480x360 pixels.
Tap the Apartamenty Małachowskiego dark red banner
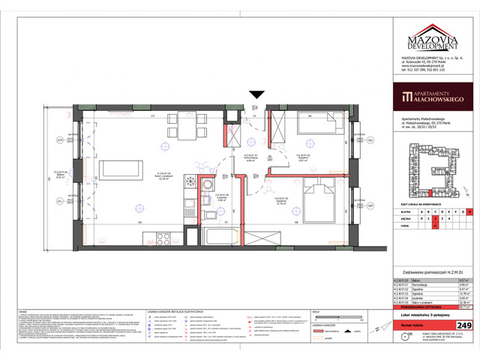coord(430,96)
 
